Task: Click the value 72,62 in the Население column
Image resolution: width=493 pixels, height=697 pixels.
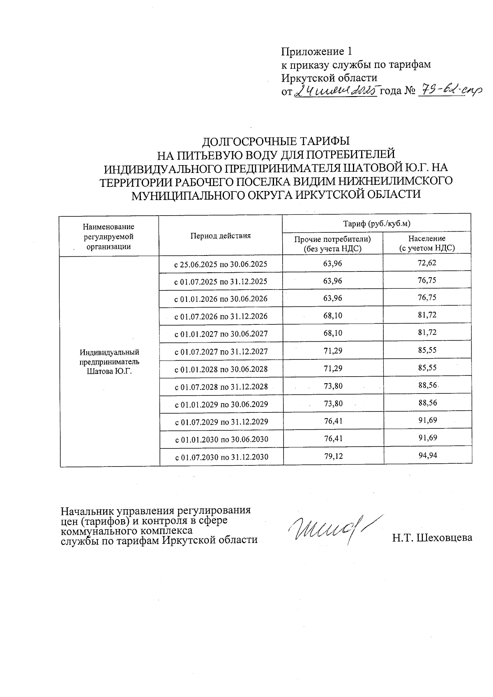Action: (x=427, y=262)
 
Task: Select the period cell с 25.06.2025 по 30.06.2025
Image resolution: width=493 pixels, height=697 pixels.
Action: (x=221, y=264)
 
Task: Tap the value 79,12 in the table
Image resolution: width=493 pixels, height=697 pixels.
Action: (x=333, y=456)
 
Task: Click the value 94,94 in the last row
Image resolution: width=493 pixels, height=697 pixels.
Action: (x=427, y=455)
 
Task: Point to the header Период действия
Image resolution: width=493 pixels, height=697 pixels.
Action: (x=220, y=236)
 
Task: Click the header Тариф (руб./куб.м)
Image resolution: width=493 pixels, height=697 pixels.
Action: (x=376, y=224)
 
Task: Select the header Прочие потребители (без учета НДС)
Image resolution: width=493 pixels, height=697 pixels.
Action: (x=332, y=244)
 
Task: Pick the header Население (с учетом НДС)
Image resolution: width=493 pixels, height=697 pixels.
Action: (x=427, y=243)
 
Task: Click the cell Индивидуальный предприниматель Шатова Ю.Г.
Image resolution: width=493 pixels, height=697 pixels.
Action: (x=109, y=362)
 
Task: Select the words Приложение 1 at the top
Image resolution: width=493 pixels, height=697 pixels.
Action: (x=316, y=52)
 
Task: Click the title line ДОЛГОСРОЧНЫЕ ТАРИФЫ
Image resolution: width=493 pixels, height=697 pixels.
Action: (x=276, y=142)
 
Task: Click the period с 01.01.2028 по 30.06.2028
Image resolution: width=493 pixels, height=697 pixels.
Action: (x=221, y=369)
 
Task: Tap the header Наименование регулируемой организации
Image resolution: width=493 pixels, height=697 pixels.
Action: (x=108, y=236)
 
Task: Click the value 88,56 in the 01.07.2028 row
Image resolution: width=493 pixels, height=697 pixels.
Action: (x=427, y=385)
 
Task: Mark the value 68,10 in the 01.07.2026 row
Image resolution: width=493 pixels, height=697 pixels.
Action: (x=333, y=315)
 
